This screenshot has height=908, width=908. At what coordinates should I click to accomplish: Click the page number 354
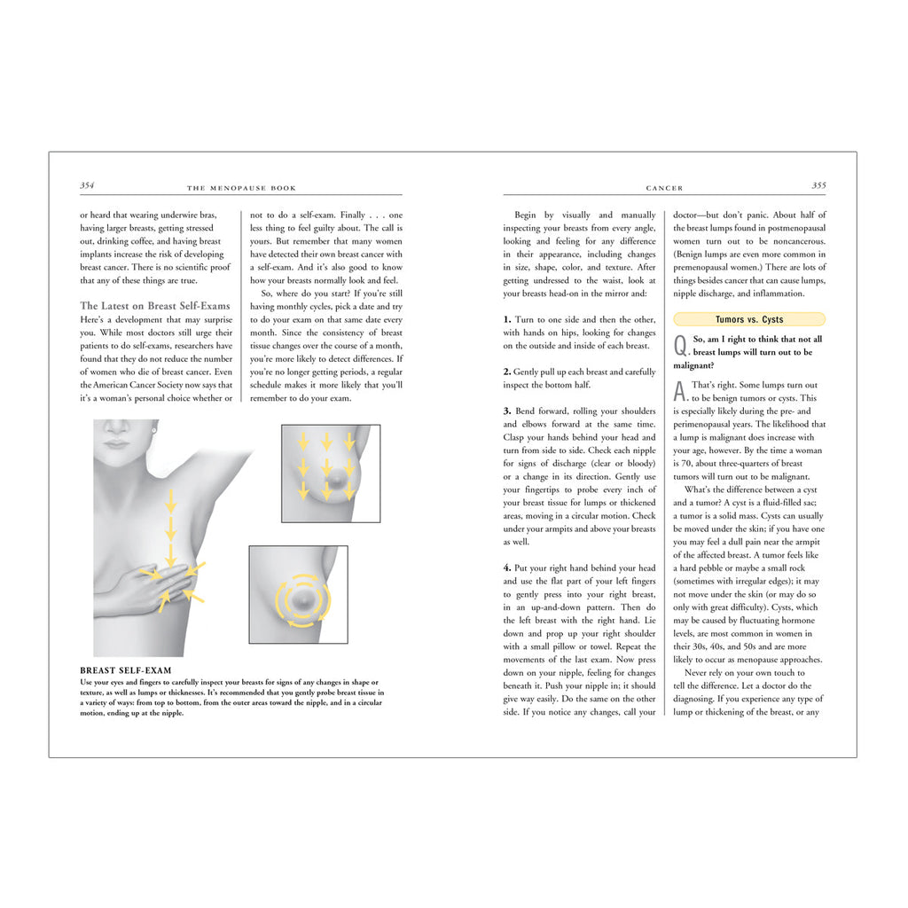(87, 186)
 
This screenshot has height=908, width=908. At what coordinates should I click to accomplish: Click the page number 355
(818, 186)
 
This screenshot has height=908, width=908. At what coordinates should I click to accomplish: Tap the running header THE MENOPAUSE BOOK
(241, 189)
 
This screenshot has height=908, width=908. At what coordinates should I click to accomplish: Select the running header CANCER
(664, 189)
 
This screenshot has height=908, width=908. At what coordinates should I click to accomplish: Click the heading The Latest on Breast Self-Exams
(154, 306)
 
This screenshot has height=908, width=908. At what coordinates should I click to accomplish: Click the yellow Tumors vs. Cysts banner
(749, 319)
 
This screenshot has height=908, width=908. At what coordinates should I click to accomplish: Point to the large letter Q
(680, 345)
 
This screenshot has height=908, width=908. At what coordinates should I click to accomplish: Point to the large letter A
(680, 390)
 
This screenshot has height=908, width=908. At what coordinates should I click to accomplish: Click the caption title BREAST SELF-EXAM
(125, 670)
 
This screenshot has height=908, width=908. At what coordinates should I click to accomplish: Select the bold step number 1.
(507, 319)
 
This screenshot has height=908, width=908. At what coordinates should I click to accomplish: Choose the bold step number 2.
(507, 372)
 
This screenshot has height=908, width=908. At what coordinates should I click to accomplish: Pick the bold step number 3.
(507, 411)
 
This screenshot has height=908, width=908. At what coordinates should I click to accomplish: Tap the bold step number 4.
(507, 568)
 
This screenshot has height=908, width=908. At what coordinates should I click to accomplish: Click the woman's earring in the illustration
(154, 431)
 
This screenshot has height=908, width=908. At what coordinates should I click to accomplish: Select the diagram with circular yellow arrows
(299, 594)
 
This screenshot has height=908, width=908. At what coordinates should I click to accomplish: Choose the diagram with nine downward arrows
(330, 472)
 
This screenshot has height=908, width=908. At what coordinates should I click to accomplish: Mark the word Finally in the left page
(353, 215)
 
